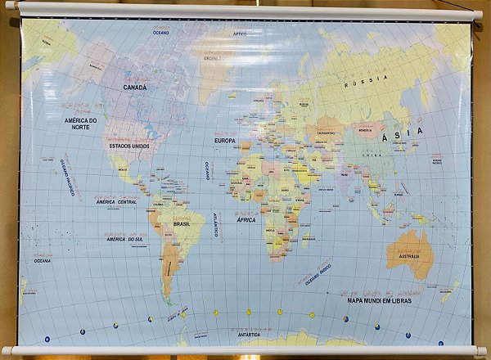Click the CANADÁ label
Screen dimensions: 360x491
point(135,87)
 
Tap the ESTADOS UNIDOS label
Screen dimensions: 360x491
point(129,146)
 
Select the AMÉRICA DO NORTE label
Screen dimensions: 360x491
point(81,124)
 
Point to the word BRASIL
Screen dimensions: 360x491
point(182,223)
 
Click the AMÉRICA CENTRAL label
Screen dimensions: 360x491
point(116,201)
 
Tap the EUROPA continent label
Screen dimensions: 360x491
point(225,140)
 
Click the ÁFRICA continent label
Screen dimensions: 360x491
point(245,219)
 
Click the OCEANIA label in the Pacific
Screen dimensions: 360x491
point(43,260)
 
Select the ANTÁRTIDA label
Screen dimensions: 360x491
point(249,334)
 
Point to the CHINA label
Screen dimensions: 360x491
point(372,153)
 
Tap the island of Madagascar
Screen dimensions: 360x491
point(306,238)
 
